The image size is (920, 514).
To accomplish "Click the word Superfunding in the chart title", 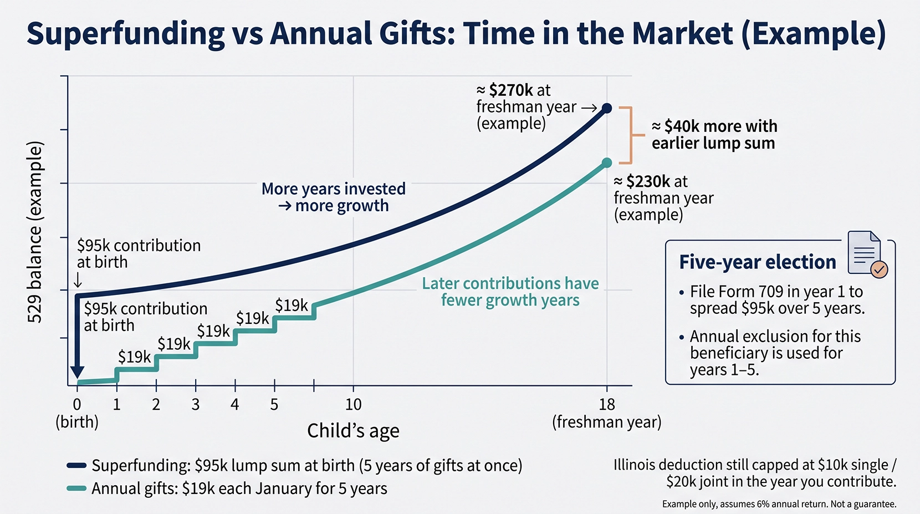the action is pyautogui.click(x=125, y=34).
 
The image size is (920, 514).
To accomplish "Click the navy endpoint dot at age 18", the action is pyautogui.click(x=607, y=109).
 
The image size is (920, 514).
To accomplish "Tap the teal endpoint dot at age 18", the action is pyautogui.click(x=607, y=163).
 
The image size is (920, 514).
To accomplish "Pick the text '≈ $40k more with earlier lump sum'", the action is pyautogui.click(x=714, y=134).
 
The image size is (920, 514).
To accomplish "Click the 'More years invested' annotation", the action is pyautogui.click(x=334, y=189).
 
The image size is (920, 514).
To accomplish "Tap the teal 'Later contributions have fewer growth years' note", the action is pyautogui.click(x=510, y=292).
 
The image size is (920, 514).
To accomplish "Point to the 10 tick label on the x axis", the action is pyautogui.click(x=353, y=405).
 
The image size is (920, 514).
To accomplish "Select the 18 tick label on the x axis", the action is pyautogui.click(x=607, y=405).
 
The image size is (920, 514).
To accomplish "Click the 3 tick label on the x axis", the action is pyautogui.click(x=196, y=405).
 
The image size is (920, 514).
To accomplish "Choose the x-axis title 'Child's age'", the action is pyautogui.click(x=353, y=431).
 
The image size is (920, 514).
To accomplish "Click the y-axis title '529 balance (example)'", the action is pyautogui.click(x=35, y=232).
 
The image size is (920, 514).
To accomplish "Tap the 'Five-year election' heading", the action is pyautogui.click(x=758, y=262).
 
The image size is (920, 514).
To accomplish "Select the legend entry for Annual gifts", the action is pyautogui.click(x=239, y=488).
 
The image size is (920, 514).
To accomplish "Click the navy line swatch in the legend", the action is pyautogui.click(x=76, y=466).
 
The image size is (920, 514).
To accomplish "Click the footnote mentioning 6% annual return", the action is pyautogui.click(x=779, y=503).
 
